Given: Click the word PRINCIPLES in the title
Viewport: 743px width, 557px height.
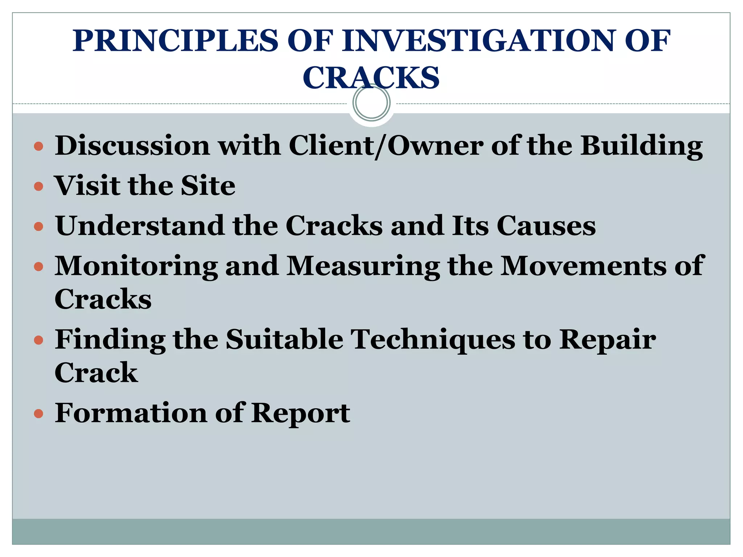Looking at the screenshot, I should (x=175, y=41).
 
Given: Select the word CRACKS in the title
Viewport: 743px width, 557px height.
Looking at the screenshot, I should (x=371, y=78).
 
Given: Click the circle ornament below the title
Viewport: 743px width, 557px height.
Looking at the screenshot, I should (x=371, y=103).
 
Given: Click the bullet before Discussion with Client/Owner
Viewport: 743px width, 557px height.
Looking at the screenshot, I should (x=38, y=147).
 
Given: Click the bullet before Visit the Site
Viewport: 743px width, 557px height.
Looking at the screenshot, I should (x=38, y=187).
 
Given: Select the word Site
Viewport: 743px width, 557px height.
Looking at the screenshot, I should (x=208, y=186).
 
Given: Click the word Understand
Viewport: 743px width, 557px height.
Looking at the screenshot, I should (x=140, y=226).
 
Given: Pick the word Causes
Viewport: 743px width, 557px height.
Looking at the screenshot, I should (x=546, y=226).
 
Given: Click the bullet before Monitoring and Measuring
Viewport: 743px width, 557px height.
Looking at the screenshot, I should (x=38, y=267).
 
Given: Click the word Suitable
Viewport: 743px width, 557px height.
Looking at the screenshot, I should (x=284, y=339).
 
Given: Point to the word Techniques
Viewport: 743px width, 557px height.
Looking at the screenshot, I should (x=434, y=340).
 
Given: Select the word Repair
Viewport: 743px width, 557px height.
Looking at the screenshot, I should (x=607, y=340).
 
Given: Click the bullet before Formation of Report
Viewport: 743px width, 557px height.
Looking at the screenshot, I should (x=38, y=414).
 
